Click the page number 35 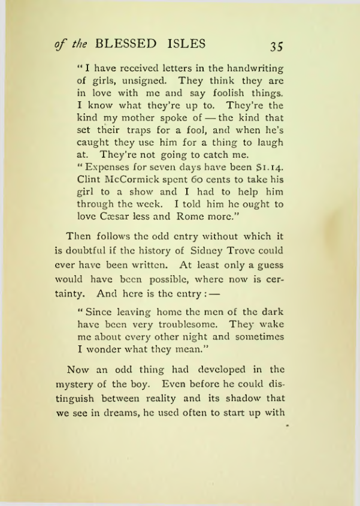coord(276,46)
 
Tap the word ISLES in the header coord(186,44)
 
